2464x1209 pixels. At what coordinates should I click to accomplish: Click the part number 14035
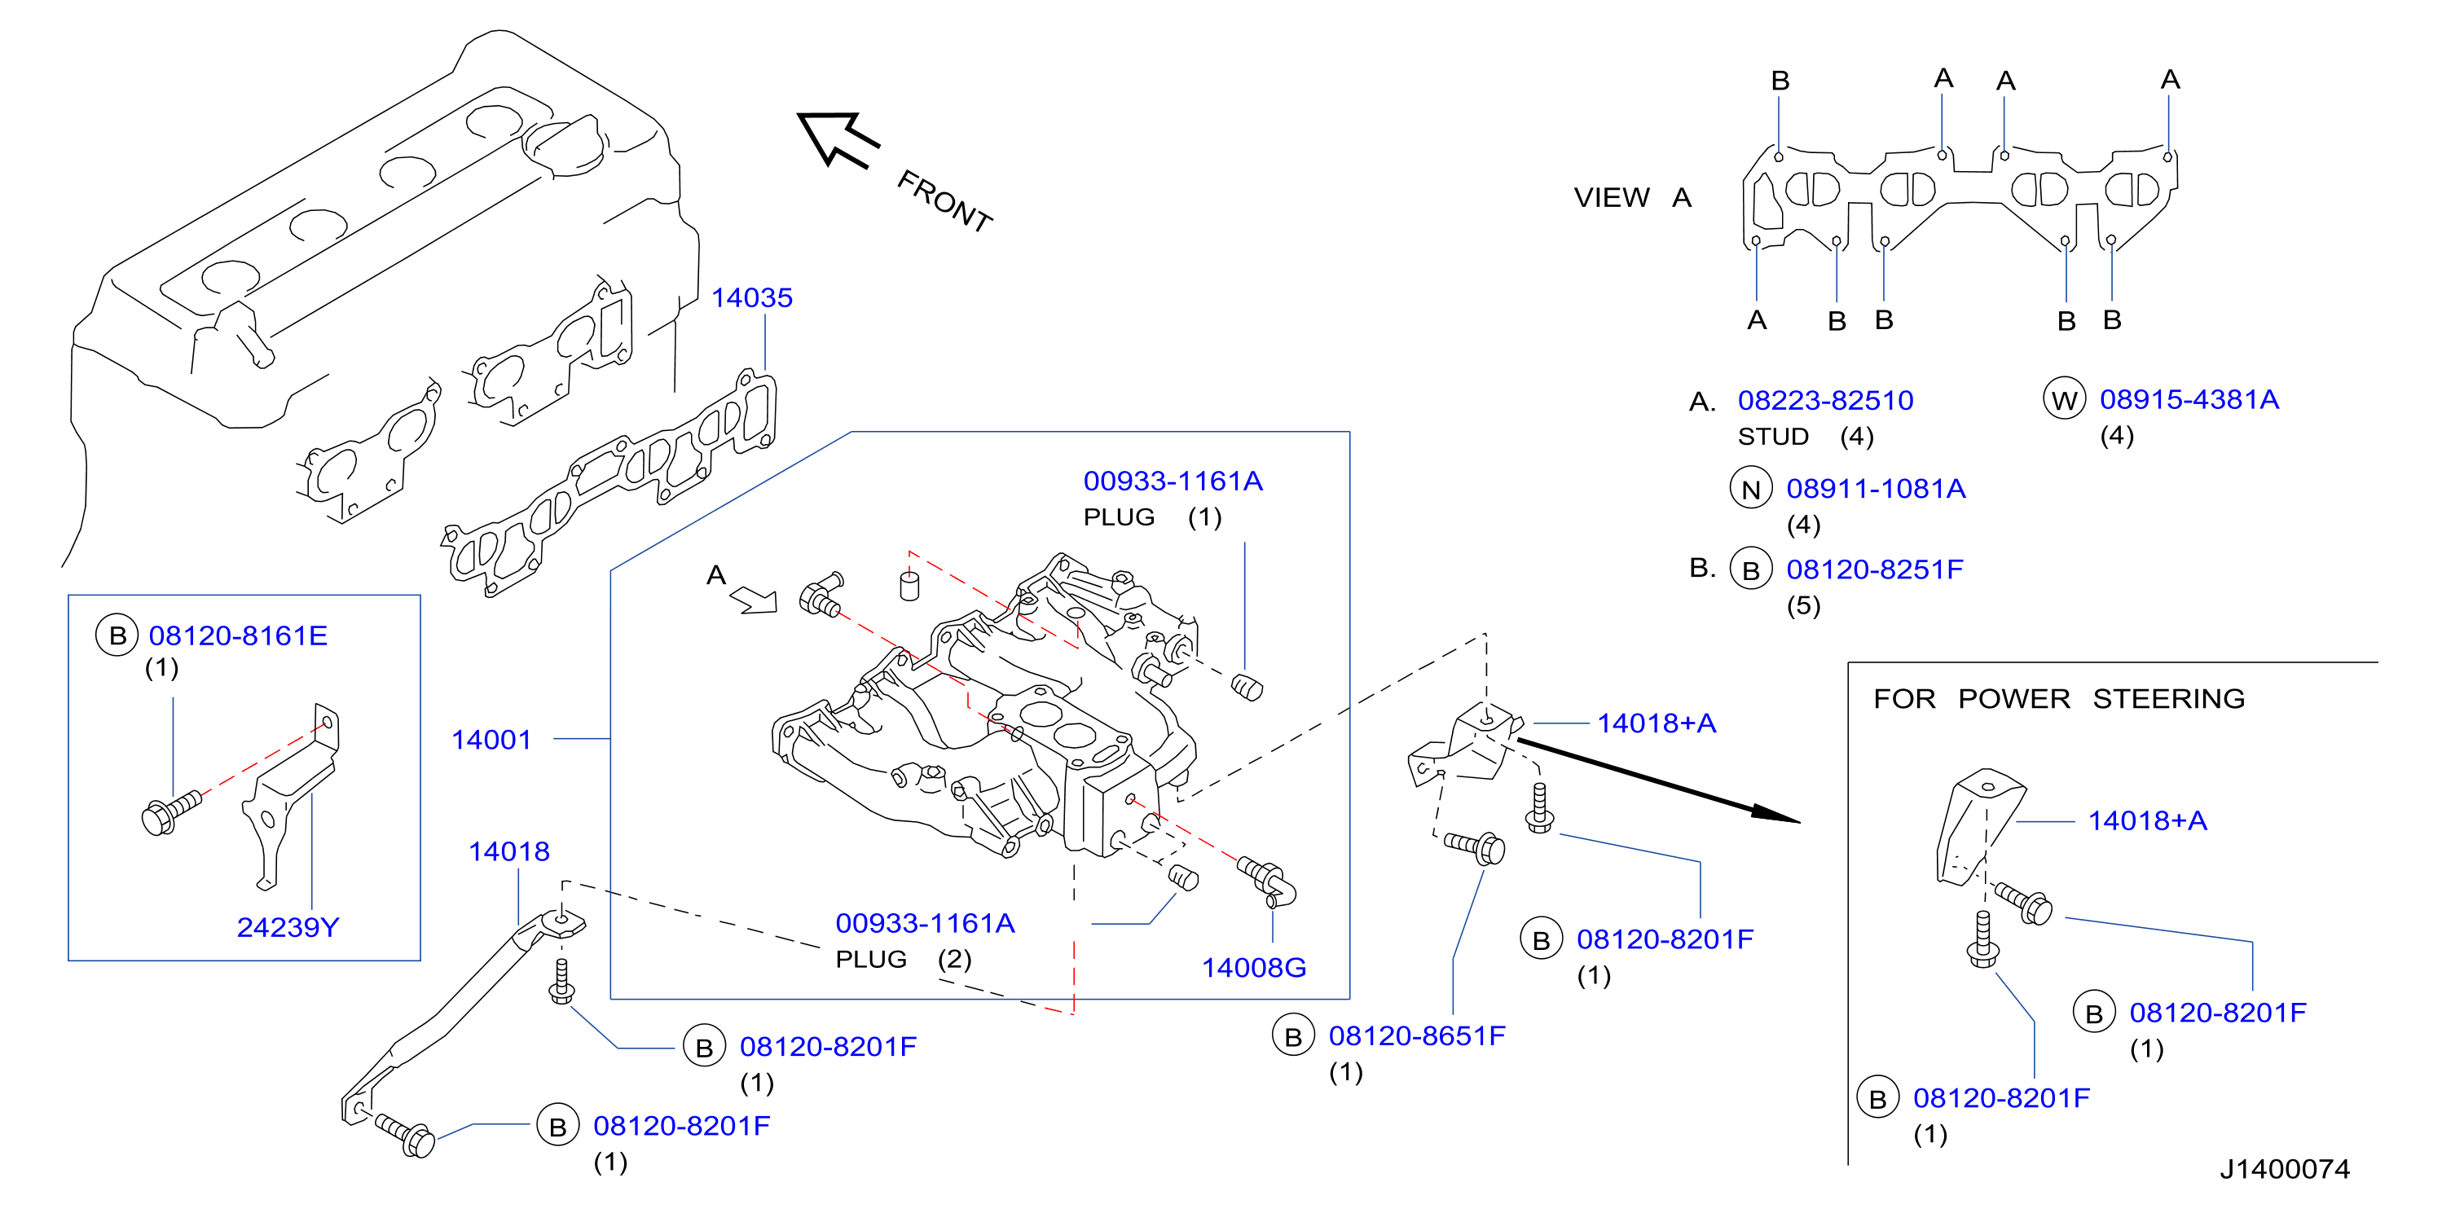pyautogui.click(x=752, y=297)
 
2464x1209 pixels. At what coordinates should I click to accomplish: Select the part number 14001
pyautogui.click(x=491, y=740)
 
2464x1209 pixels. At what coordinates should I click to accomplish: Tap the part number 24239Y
pyautogui.click(x=288, y=927)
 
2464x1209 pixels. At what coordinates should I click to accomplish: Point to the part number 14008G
pyautogui.click(x=1253, y=967)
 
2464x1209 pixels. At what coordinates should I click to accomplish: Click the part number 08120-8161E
pyautogui.click(x=238, y=635)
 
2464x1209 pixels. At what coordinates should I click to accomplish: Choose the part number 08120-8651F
pyautogui.click(x=1417, y=1035)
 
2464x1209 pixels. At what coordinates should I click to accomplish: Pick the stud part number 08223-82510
pyautogui.click(x=1825, y=400)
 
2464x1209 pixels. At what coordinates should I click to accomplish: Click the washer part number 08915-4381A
pyautogui.click(x=2189, y=399)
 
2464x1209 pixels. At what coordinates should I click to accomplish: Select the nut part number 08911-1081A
pyautogui.click(x=1876, y=488)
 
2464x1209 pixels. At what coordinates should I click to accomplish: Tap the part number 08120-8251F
pyautogui.click(x=1874, y=569)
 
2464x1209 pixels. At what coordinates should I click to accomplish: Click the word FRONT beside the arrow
pyautogui.click(x=944, y=201)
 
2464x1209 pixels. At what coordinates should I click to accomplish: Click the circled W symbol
pyautogui.click(x=2063, y=400)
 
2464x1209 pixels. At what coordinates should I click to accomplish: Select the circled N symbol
pyautogui.click(x=1750, y=489)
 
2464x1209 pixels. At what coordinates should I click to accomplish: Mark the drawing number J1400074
pyautogui.click(x=2284, y=1168)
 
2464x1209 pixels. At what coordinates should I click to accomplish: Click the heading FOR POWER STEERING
pyautogui.click(x=2058, y=698)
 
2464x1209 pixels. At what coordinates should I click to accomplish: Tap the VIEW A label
pyautogui.click(x=1633, y=197)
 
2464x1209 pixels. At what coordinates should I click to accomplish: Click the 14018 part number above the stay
pyautogui.click(x=509, y=851)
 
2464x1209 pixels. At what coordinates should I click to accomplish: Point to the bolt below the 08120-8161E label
pyautogui.click(x=170, y=813)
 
